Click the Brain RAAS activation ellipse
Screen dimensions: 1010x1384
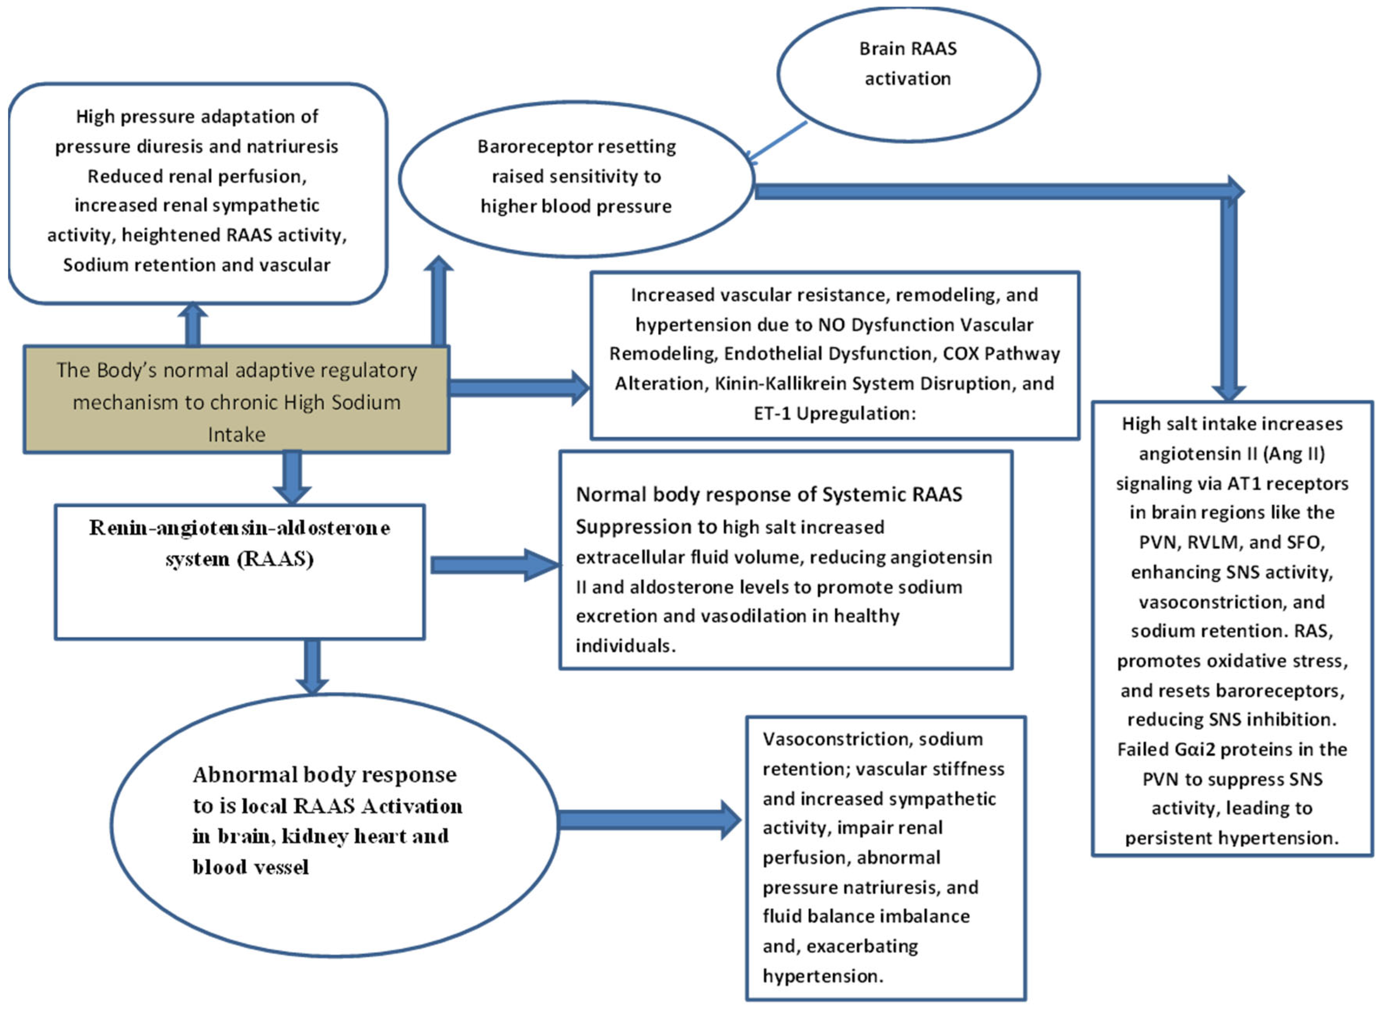[908, 74]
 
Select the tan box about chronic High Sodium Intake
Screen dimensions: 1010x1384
[236, 400]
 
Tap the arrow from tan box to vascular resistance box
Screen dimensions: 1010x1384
[519, 387]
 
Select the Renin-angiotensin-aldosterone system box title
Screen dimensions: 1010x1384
[240, 542]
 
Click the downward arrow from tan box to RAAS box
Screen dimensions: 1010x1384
[292, 477]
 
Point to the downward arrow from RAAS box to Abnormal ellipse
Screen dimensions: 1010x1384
[312, 667]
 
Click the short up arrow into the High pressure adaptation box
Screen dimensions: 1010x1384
[193, 324]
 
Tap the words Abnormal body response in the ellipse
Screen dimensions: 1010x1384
[324, 775]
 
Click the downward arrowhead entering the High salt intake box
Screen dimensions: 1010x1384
[1229, 391]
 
